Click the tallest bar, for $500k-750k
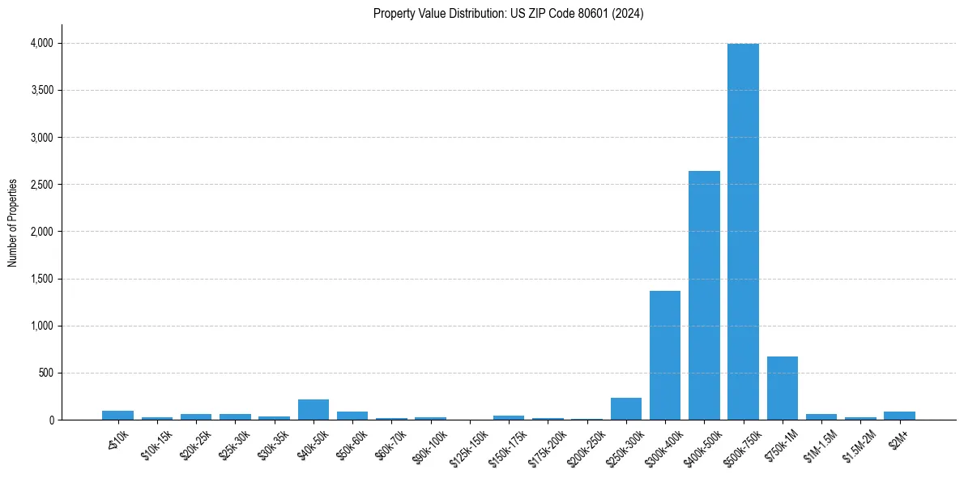(743, 232)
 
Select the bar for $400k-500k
(704, 296)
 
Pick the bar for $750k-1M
(783, 388)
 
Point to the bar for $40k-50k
(314, 410)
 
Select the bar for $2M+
(899, 416)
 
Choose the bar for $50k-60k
(352, 416)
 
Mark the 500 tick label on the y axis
(45, 373)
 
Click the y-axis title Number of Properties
(13, 223)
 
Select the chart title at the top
(508, 14)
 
